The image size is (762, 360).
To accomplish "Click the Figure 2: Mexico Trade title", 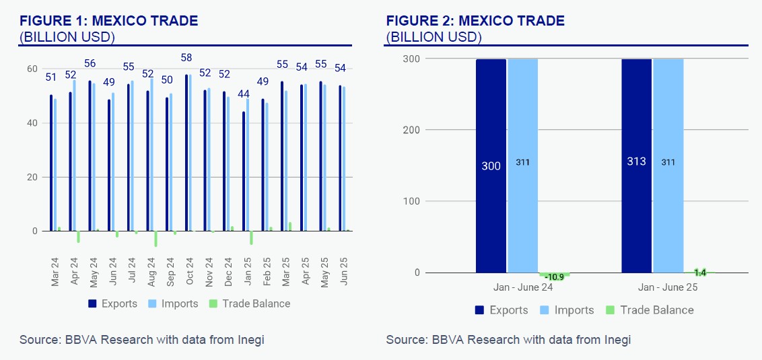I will point(475,21).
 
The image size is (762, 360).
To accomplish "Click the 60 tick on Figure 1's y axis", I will point(32,69).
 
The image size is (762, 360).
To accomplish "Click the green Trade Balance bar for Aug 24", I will point(155,239).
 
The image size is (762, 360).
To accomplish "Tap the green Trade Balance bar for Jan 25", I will point(251,238).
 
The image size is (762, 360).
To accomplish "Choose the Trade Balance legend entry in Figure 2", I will point(650,310).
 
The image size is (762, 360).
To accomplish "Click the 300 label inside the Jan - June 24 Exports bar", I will point(491,166).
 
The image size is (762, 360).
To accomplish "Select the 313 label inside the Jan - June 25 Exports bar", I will point(637,162).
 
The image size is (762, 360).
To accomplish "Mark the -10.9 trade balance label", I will point(554,276).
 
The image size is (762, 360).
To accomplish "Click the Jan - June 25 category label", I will point(668,286).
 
